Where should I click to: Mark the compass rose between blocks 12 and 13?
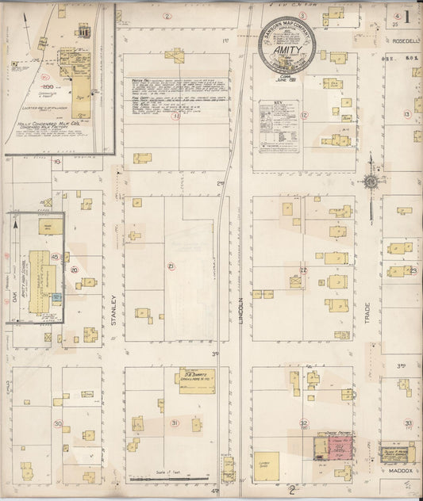[x=371, y=182]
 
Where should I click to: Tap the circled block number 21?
[x=171, y=266]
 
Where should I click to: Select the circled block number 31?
[x=174, y=423]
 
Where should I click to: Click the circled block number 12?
[x=304, y=115]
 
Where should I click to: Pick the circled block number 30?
[x=58, y=423]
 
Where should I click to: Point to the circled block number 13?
[x=406, y=115]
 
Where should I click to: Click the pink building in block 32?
[x=332, y=449]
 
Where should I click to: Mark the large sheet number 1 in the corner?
[x=406, y=17]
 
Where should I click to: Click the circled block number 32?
[x=303, y=423]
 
